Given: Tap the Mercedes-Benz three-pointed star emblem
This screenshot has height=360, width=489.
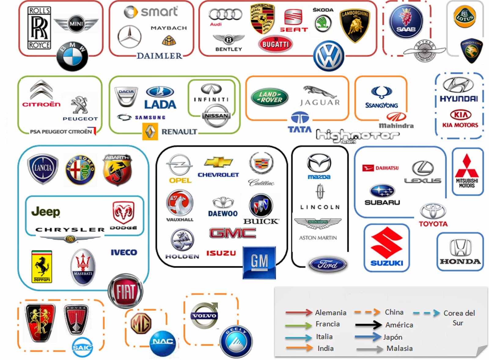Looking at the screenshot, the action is (x=129, y=37).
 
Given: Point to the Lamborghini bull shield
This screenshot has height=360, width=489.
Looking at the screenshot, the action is (x=355, y=25).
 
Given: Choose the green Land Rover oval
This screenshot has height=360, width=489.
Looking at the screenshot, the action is (x=269, y=97).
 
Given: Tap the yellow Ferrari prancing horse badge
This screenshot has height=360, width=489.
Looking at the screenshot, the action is (x=42, y=266).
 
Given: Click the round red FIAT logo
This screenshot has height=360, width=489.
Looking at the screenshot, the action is (x=125, y=291).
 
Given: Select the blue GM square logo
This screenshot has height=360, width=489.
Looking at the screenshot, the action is (x=259, y=263).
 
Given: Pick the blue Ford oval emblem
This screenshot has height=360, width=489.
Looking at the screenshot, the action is (x=328, y=265).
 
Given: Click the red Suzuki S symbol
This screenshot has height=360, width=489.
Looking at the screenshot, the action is (x=386, y=243).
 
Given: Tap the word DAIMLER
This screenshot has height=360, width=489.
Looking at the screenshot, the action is (x=159, y=56).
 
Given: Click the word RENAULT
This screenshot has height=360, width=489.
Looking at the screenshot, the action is (x=179, y=132).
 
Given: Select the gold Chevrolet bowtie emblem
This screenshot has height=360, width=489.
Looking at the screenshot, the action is (x=218, y=162).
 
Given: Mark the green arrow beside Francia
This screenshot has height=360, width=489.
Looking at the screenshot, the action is (x=298, y=325).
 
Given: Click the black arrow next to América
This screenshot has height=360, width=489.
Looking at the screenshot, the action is (x=368, y=325).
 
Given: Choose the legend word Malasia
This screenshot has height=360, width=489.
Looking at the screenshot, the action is (x=399, y=348).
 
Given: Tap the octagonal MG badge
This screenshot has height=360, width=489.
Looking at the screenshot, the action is (x=141, y=323).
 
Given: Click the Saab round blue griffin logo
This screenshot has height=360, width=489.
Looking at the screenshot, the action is (x=406, y=21).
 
